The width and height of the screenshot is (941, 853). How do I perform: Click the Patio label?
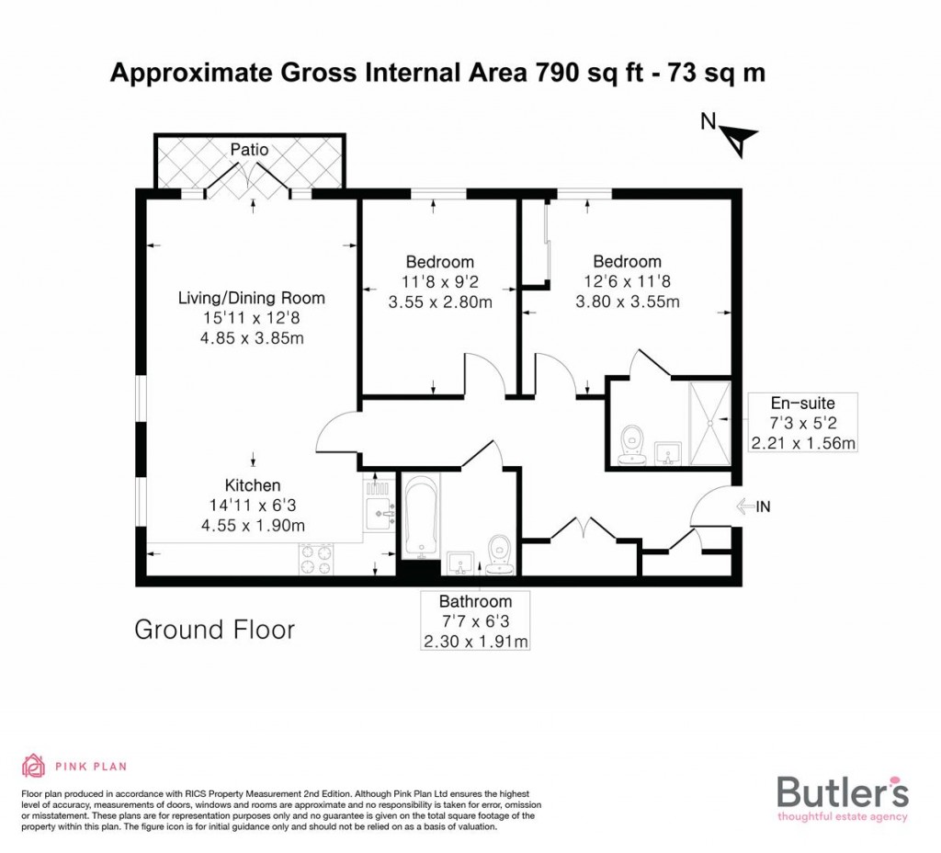(x=249, y=150)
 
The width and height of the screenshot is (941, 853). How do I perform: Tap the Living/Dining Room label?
(x=252, y=298)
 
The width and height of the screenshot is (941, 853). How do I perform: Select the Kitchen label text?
(x=253, y=485)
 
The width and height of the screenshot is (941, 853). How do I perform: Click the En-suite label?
(x=803, y=403)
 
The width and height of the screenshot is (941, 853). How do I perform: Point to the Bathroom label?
(x=475, y=601)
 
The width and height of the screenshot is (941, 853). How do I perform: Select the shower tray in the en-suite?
(x=710, y=423)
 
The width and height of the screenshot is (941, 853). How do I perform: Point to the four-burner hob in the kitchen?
(x=316, y=560)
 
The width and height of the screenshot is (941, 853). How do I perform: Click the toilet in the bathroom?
(x=499, y=554)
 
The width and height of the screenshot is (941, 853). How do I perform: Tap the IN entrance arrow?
(x=745, y=506)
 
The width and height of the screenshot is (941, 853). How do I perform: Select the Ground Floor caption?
(x=214, y=630)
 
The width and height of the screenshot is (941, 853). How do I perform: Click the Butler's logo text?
(x=843, y=791)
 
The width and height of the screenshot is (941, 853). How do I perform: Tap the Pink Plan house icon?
(x=34, y=766)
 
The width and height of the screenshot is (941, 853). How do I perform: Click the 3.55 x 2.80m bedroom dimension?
(x=440, y=301)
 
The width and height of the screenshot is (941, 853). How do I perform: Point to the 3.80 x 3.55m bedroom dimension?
(x=628, y=301)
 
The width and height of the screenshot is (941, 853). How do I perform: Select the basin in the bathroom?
(x=461, y=564)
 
